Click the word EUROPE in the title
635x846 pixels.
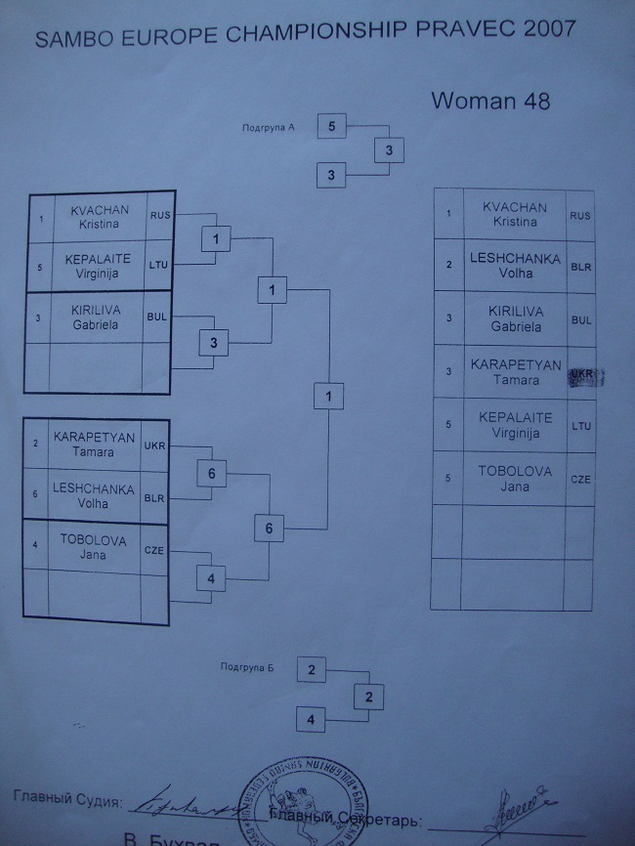(166, 38)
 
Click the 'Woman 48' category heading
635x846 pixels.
(489, 101)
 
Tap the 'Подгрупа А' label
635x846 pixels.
(269, 128)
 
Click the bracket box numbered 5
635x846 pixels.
(332, 126)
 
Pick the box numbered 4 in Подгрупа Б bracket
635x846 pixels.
(311, 720)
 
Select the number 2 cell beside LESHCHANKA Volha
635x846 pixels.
(446, 266)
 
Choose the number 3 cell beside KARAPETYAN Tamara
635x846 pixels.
(446, 372)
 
